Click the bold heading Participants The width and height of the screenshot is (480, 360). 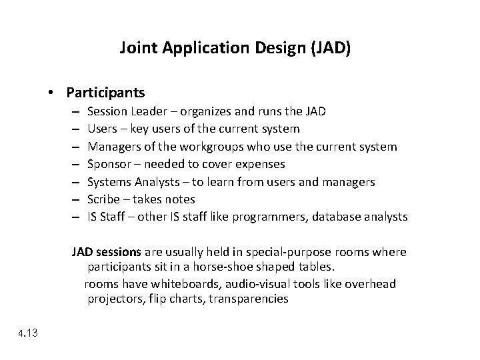click(106, 92)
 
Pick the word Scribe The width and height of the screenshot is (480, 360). click(104, 199)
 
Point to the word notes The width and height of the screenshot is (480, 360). click(180, 199)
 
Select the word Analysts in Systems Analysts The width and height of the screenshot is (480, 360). click(155, 181)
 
